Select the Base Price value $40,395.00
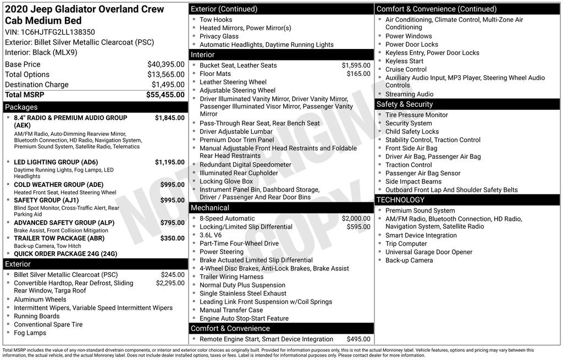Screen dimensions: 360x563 165,64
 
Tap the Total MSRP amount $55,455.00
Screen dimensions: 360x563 165,95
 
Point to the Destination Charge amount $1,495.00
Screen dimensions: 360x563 168,85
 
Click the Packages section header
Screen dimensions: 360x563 21,107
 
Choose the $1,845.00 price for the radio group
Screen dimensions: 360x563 169,118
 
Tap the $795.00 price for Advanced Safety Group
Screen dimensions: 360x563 172,223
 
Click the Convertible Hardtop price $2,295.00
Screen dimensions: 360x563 170,283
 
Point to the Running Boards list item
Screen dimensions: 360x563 37,316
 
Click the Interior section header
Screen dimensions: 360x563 203,55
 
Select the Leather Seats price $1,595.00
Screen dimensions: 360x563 356,65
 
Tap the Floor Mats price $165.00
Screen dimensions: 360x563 358,74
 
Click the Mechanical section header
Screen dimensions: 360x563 210,208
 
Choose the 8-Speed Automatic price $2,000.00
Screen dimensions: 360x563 356,219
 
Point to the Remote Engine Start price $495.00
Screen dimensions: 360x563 358,339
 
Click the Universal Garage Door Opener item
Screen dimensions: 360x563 429,252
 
